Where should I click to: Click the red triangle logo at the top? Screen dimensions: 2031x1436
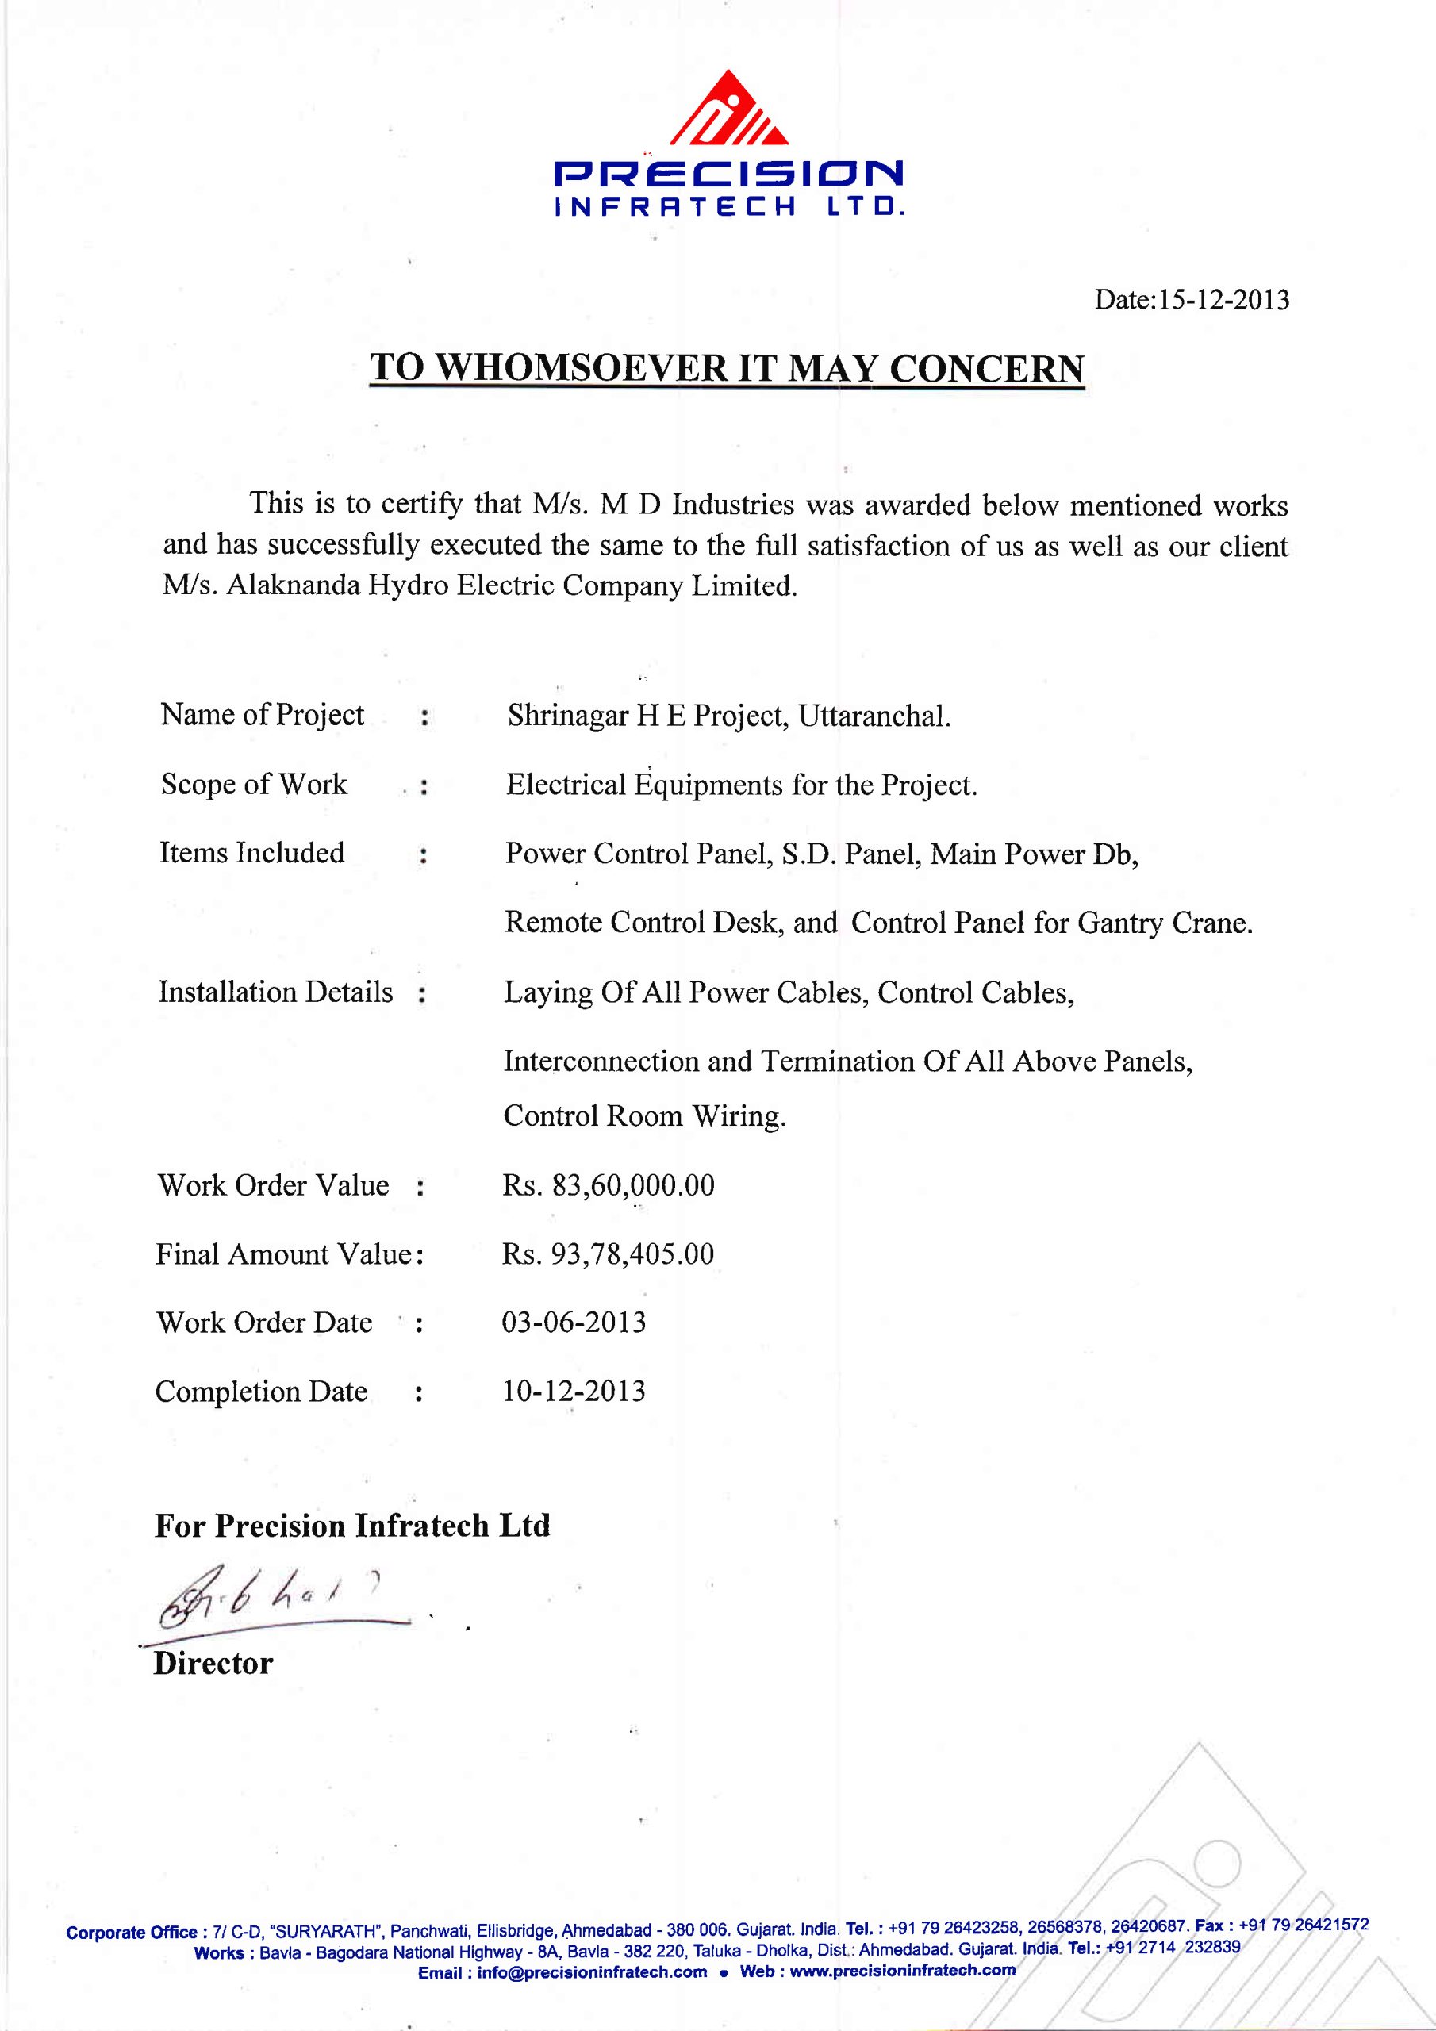pos(728,109)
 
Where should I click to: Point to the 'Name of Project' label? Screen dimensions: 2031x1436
pos(262,715)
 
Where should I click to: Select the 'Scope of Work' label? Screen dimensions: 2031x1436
pos(254,784)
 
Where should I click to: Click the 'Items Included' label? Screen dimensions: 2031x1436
pos(252,853)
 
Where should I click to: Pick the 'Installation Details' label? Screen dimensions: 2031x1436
pos(275,992)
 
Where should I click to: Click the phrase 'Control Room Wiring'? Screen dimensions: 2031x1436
pos(644,1116)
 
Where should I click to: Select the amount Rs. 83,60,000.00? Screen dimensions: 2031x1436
pos(609,1185)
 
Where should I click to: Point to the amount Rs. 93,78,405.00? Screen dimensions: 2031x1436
pos(608,1254)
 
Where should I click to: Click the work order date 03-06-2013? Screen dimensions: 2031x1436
pos(574,1323)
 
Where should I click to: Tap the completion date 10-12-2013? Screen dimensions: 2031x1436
pos(574,1392)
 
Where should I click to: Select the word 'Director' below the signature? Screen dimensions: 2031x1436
pos(213,1663)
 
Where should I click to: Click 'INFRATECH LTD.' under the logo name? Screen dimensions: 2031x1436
pos(728,208)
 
